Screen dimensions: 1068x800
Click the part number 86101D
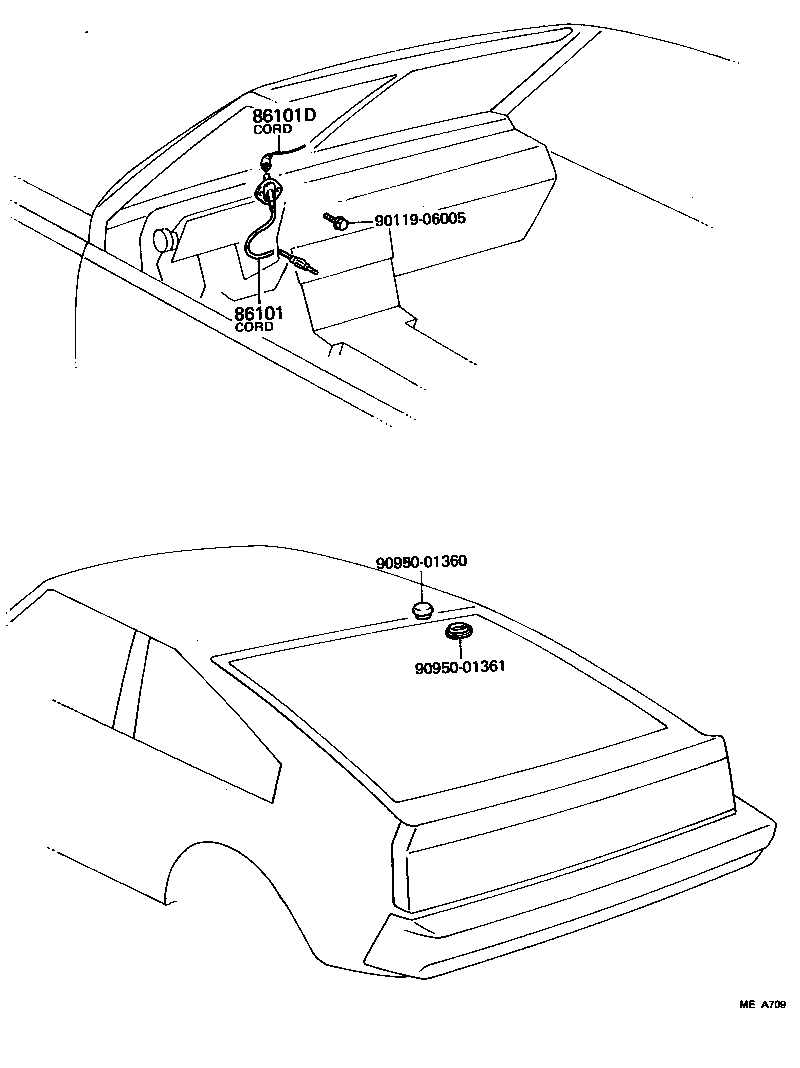(x=283, y=116)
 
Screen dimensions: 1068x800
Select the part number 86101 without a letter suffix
(x=259, y=313)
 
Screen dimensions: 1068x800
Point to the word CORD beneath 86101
(x=254, y=327)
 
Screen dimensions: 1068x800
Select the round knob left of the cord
(x=162, y=239)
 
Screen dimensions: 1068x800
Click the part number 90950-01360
(x=422, y=564)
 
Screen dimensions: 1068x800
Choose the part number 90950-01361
(x=459, y=666)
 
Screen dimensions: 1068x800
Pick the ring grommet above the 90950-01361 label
(x=460, y=631)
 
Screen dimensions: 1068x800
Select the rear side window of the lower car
(x=200, y=720)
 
